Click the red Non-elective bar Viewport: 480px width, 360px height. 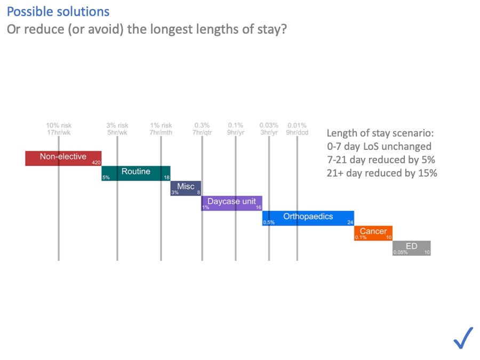click(x=63, y=158)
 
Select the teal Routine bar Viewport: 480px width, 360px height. click(x=136, y=173)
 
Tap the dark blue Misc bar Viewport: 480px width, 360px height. click(x=186, y=188)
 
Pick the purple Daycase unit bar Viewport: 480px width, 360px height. click(x=231, y=203)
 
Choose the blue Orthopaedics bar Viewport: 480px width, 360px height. click(x=308, y=218)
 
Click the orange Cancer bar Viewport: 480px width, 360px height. click(x=373, y=233)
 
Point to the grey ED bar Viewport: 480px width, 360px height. click(x=411, y=247)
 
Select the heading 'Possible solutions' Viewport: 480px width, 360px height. click(x=58, y=12)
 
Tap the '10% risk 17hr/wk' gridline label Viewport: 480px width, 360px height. click(x=59, y=129)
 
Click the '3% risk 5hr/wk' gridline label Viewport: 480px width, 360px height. click(x=117, y=129)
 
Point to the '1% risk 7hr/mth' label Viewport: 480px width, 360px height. click(x=161, y=129)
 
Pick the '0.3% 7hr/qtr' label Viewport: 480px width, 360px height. click(x=203, y=129)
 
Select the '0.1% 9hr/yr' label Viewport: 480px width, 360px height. click(x=236, y=129)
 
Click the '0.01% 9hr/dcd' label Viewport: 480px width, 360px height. click(x=297, y=129)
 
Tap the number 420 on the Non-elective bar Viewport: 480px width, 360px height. click(x=96, y=162)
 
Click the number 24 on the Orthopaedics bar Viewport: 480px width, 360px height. click(x=350, y=222)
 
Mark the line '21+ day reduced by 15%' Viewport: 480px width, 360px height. click(x=382, y=173)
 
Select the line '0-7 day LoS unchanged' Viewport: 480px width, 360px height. click(x=379, y=146)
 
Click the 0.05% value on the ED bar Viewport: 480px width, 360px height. click(x=400, y=252)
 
